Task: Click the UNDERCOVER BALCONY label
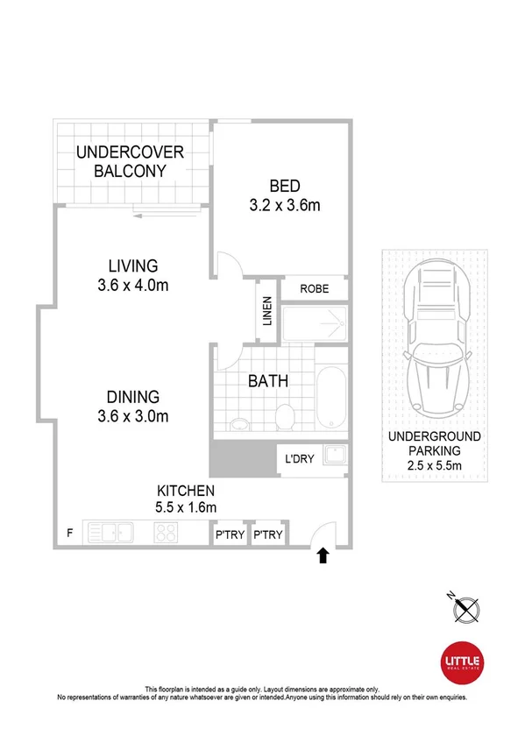pos(130,161)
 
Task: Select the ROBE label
pos(314,288)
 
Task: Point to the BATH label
pos(268,381)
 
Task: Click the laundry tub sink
pos(334,456)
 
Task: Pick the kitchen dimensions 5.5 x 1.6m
pos(185,506)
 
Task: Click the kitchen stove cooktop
pos(167,533)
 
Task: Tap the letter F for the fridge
pos(70,532)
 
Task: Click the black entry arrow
pos(323,555)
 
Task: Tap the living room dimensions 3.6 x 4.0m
pos(132,285)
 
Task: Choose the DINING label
pos(132,395)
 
